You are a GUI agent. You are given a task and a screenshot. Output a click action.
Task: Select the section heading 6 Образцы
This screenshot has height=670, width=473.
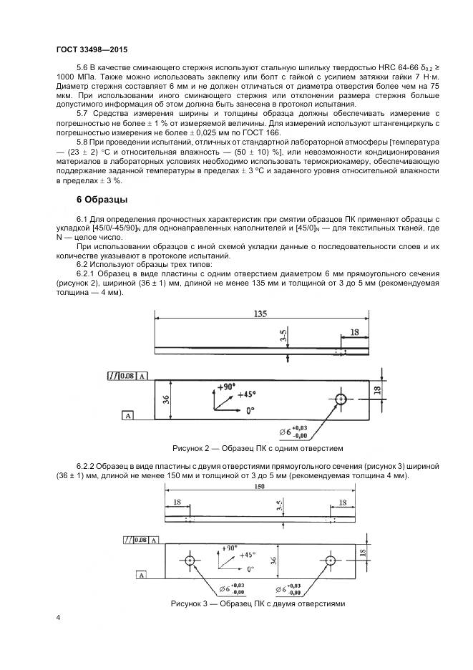point(102,199)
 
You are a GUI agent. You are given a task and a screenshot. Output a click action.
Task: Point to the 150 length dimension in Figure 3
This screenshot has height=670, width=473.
point(260,486)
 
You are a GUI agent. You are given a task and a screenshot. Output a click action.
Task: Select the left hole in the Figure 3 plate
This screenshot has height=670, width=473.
point(190,560)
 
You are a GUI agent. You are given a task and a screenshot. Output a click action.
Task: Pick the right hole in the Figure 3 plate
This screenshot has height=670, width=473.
point(330,560)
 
